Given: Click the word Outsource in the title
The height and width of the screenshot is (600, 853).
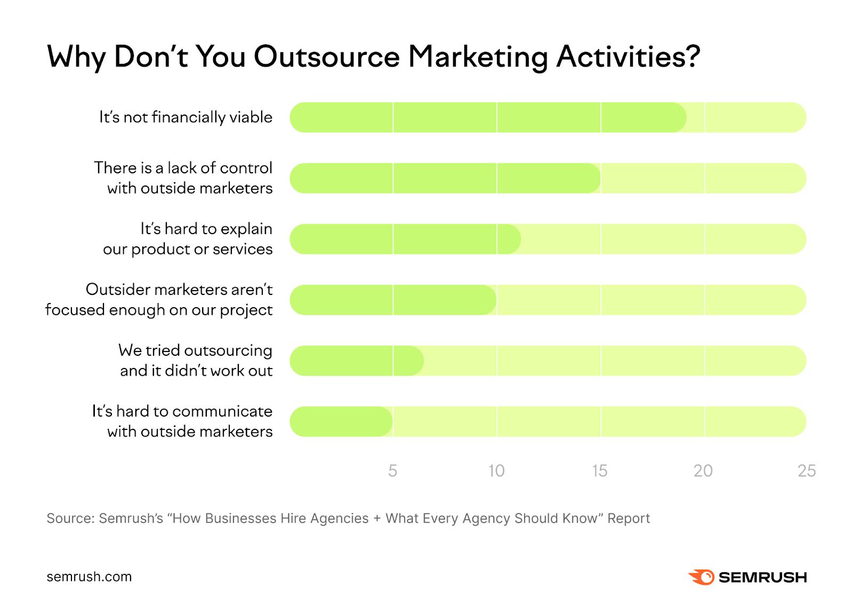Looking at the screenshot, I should (326, 57).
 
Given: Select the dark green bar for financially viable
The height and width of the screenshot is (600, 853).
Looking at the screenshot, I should (487, 117).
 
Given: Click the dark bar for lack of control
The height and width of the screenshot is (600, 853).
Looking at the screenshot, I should (445, 178).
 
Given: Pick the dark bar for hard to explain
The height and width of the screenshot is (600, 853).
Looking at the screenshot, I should (405, 239).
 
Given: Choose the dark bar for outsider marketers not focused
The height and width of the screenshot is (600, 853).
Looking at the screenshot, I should (393, 300).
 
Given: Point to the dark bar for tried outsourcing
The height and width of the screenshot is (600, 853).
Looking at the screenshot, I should (356, 361).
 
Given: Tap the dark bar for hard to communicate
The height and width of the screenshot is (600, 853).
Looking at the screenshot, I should (341, 421).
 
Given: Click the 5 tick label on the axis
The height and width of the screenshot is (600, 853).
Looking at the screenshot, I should (392, 470).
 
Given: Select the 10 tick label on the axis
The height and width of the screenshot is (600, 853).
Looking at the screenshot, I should (496, 470).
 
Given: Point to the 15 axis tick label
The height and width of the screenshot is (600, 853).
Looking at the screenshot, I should (599, 470).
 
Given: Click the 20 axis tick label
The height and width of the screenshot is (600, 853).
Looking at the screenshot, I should (703, 470).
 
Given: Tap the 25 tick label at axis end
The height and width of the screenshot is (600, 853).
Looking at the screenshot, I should (806, 470).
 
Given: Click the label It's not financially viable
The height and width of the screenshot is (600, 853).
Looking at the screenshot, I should (186, 117).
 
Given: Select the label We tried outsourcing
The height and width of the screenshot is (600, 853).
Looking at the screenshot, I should (195, 350).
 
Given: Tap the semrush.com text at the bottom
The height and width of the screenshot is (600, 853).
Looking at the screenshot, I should (89, 577).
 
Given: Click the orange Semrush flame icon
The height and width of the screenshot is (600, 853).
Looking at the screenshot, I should (701, 577).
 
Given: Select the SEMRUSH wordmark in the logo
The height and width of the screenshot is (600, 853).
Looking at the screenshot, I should (762, 577).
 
